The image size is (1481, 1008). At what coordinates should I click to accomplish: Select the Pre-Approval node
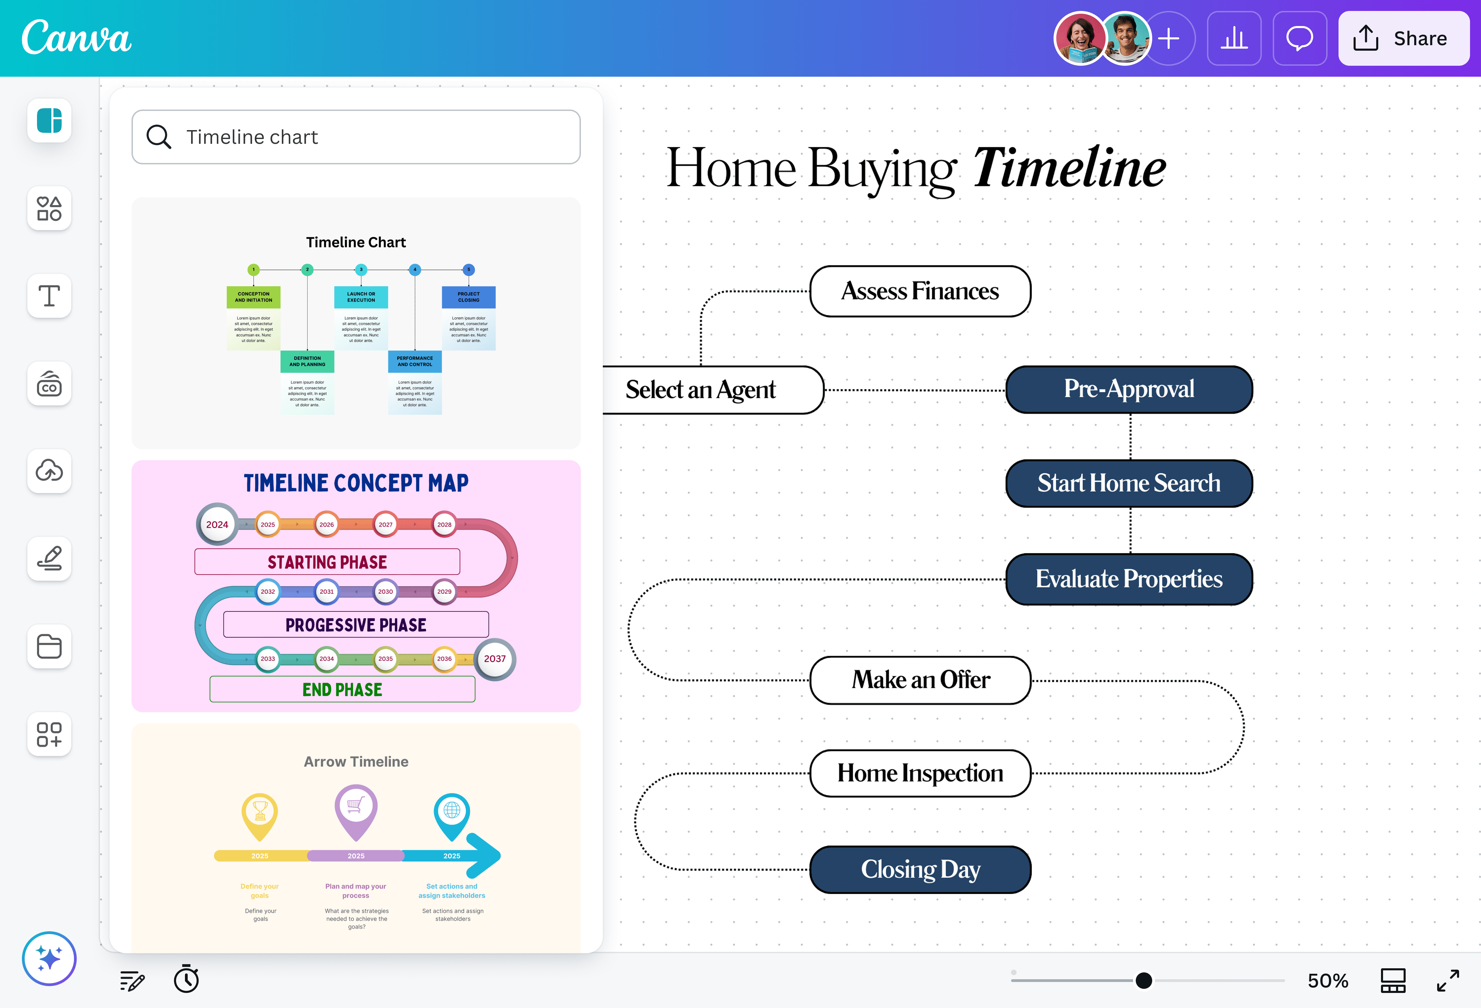click(x=1129, y=389)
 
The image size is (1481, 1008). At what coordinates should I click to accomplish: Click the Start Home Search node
click(x=1129, y=483)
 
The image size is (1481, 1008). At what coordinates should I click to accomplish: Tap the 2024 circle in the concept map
click(x=217, y=525)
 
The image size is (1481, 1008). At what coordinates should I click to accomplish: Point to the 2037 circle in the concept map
click(x=495, y=659)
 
